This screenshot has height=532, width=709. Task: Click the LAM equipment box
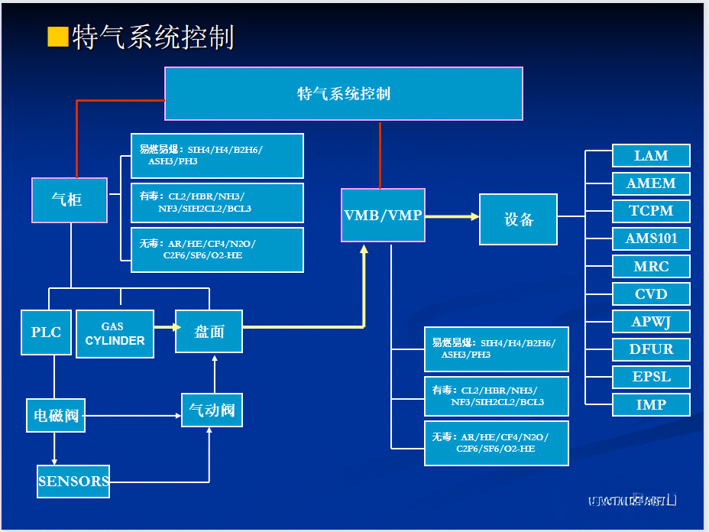[651, 156]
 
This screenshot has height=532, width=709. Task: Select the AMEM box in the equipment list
[651, 183]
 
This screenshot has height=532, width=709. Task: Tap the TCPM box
[651, 211]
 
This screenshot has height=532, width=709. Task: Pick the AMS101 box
[651, 238]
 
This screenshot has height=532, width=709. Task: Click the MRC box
[651, 267]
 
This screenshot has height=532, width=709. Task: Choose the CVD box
[651, 294]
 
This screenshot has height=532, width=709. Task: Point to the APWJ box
[651, 322]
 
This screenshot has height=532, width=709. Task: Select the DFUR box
[651, 349]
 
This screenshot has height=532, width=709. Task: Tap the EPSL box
[651, 377]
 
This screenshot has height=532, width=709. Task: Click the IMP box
[651, 404]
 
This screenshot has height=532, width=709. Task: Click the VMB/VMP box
[383, 216]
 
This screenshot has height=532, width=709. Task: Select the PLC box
[46, 332]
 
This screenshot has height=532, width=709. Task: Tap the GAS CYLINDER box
[115, 333]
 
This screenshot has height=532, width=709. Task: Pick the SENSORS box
[73, 482]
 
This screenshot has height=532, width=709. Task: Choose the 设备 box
[518, 219]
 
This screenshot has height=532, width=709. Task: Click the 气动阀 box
[212, 411]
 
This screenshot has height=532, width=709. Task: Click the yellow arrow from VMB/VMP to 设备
[452, 216]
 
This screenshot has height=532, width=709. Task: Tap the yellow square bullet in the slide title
[57, 37]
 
